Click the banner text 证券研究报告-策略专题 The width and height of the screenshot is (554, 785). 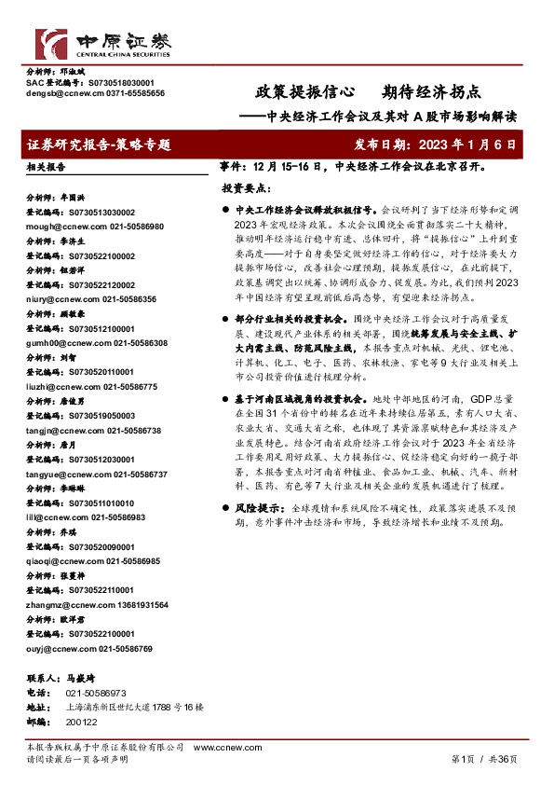(100, 145)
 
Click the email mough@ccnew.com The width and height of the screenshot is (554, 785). (61, 227)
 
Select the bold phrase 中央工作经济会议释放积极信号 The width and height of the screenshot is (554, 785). (308, 212)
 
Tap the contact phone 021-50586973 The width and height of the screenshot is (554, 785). (96, 694)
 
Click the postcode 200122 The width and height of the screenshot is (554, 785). (81, 722)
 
